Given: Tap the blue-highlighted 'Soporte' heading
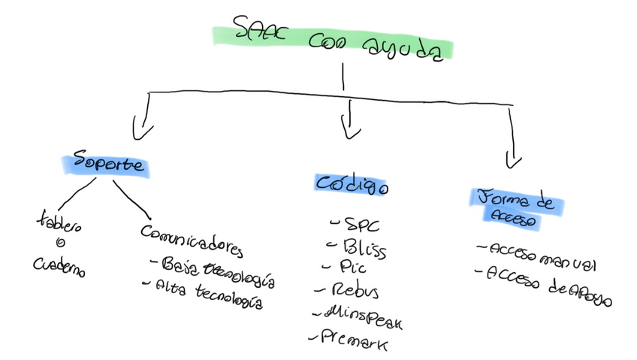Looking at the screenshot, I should tap(105, 165).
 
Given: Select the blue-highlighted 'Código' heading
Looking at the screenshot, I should tap(351, 183).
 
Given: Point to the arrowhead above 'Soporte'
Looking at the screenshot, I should tap(139, 130).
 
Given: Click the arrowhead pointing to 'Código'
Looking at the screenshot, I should tap(349, 130).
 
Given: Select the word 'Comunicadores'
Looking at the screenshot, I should tap(192, 240).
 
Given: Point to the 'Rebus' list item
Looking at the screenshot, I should tap(352, 290).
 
